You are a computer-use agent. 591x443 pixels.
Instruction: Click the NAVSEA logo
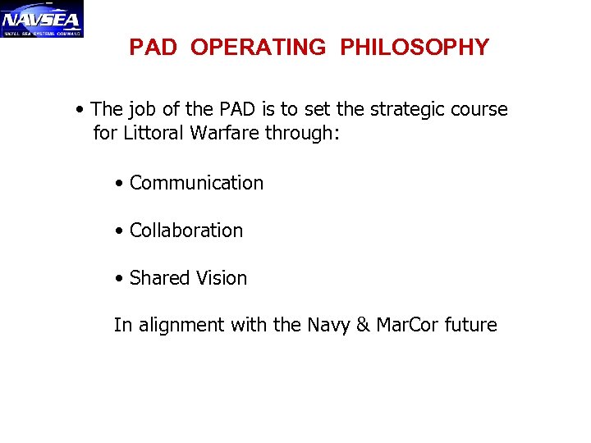(42, 19)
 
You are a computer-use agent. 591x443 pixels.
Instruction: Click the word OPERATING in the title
(258, 48)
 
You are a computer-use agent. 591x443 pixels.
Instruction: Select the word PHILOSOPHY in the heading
(415, 48)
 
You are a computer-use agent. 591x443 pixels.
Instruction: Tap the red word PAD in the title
(153, 48)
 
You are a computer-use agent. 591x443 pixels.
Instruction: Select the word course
(481, 109)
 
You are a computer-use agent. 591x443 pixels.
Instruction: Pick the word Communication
(196, 183)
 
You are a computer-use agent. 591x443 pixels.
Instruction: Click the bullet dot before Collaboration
(120, 231)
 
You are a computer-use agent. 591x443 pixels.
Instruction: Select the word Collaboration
(186, 231)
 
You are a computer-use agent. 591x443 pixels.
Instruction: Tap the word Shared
(159, 278)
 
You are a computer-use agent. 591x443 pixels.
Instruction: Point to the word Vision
(221, 278)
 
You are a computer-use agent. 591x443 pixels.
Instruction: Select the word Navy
(328, 326)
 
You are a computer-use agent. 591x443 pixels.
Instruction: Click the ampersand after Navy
(363, 326)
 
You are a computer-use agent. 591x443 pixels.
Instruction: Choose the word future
(470, 326)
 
